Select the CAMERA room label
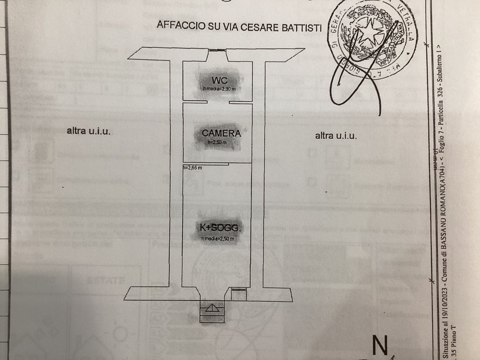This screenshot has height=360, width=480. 221,133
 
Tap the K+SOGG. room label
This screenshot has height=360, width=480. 220,228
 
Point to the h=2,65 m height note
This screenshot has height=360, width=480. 193,168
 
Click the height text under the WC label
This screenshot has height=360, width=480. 219,89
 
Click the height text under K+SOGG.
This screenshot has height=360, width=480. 217,239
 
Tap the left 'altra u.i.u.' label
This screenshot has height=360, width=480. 89,131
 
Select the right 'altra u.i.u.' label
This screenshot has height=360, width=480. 336,136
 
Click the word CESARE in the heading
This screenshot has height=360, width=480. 260,26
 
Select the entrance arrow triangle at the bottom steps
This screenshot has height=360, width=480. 212,308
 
